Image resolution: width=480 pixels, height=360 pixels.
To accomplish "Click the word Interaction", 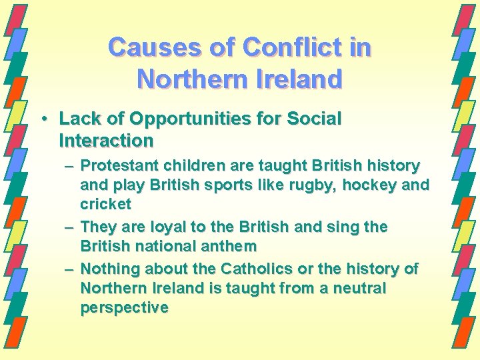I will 106,141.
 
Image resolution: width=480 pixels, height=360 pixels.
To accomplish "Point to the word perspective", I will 124,307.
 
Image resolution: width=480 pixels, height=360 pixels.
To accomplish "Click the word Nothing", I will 108,269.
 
